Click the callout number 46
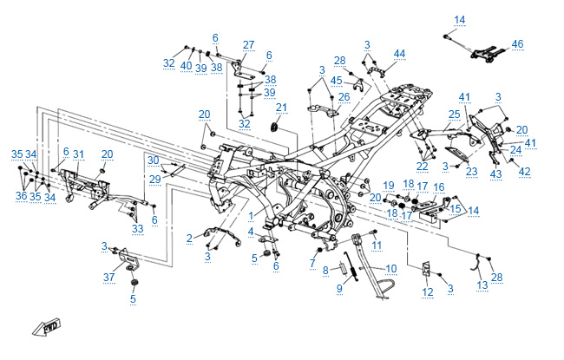pyautogui.click(x=517, y=43)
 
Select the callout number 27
pyautogui.click(x=248, y=45)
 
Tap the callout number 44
pyautogui.click(x=399, y=54)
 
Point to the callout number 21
pyautogui.click(x=281, y=108)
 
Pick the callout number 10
pyautogui.click(x=390, y=269)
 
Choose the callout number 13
pyautogui.click(x=482, y=285)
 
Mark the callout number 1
pyautogui.click(x=252, y=215)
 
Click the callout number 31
pyautogui.click(x=78, y=154)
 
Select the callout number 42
pyautogui.click(x=524, y=172)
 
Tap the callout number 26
pyautogui.click(x=344, y=96)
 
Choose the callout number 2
pyautogui.click(x=189, y=238)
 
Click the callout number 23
pyautogui.click(x=471, y=172)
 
